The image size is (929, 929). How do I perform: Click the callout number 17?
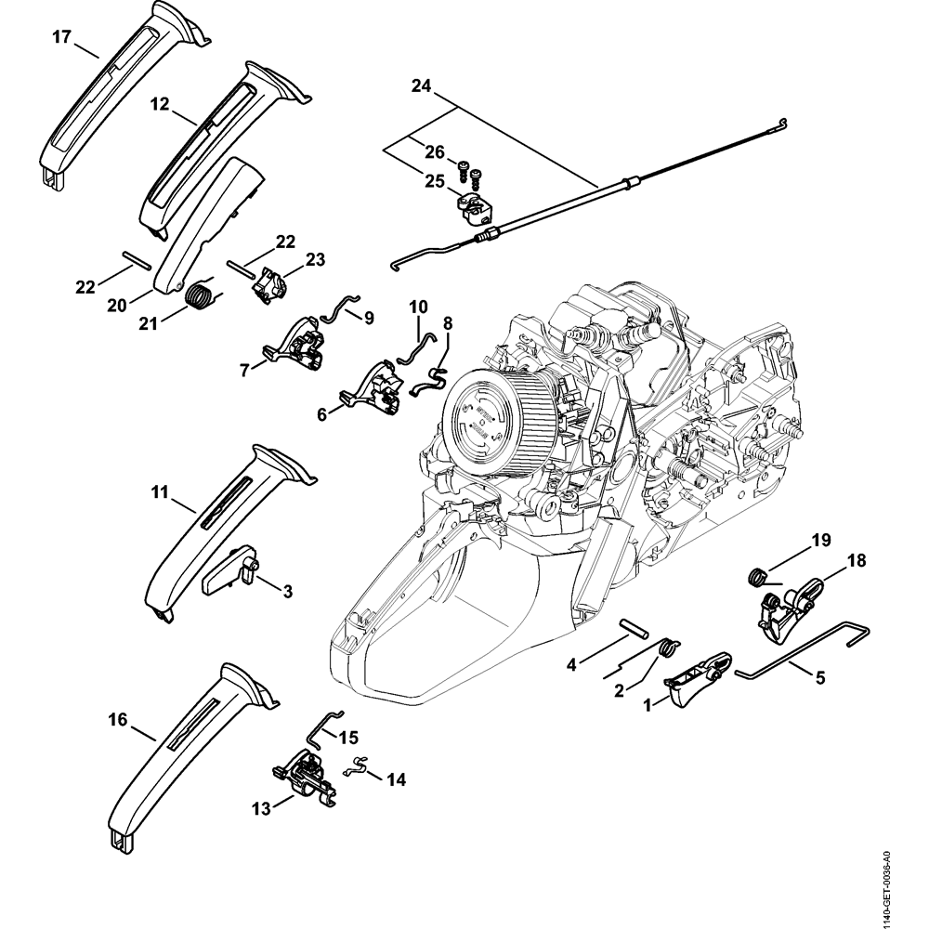pyautogui.click(x=61, y=37)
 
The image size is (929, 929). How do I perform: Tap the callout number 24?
pyautogui.click(x=422, y=86)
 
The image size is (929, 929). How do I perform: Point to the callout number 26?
pyautogui.click(x=435, y=151)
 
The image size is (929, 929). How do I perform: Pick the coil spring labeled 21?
pyautogui.click(x=197, y=298)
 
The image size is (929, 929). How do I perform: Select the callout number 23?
pyautogui.click(x=315, y=261)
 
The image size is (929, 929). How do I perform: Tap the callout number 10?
pyautogui.click(x=418, y=306)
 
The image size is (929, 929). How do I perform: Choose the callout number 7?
pyautogui.click(x=245, y=370)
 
